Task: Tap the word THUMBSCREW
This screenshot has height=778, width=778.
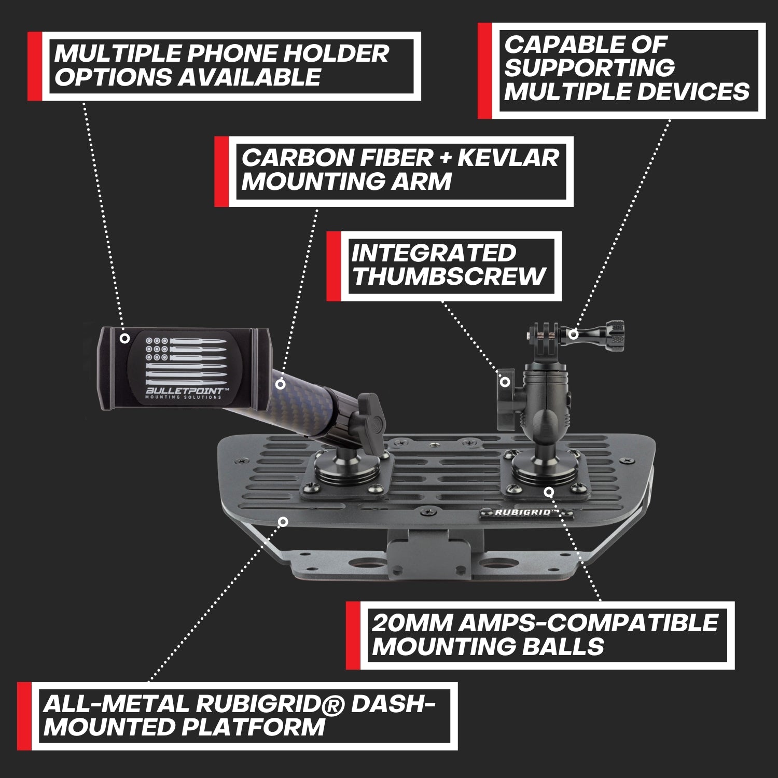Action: point(449,276)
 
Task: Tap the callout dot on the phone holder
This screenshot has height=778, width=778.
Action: point(124,338)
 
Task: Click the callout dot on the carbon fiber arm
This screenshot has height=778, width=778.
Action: point(281,384)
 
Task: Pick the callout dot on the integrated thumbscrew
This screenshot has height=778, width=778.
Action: point(504,382)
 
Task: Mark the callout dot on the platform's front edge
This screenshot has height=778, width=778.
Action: point(283,521)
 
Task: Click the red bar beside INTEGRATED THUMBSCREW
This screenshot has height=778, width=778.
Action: point(334,266)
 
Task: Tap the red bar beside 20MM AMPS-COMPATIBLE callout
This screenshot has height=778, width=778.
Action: point(353,635)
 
